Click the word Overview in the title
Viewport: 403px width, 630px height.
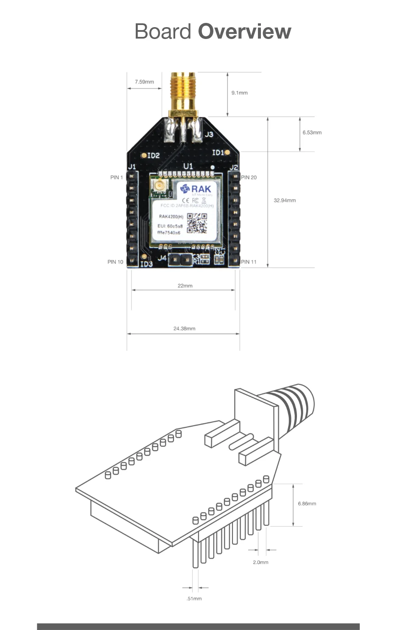click(244, 32)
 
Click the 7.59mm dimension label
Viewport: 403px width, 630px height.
click(144, 82)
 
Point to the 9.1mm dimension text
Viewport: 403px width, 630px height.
click(239, 93)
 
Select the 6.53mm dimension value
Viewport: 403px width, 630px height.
click(312, 133)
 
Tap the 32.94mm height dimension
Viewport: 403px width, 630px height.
click(285, 201)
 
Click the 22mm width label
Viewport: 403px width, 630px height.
click(185, 286)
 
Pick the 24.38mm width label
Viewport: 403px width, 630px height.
click(184, 329)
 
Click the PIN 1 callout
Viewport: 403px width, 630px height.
click(116, 178)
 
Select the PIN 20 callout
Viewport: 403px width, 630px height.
click(249, 178)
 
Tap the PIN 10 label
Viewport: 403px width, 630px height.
click(115, 262)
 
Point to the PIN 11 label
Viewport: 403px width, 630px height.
click(249, 262)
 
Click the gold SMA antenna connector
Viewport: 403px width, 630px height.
click(183, 93)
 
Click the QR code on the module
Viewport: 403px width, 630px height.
click(197, 223)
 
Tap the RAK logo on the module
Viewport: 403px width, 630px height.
click(196, 189)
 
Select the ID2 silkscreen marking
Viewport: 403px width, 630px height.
click(153, 156)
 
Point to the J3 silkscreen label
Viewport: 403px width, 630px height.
click(209, 134)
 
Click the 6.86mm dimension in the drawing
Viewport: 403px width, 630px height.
click(307, 504)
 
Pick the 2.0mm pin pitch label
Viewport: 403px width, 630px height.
click(260, 562)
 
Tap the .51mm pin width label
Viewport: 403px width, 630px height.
click(194, 599)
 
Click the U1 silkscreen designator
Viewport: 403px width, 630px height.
click(188, 166)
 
